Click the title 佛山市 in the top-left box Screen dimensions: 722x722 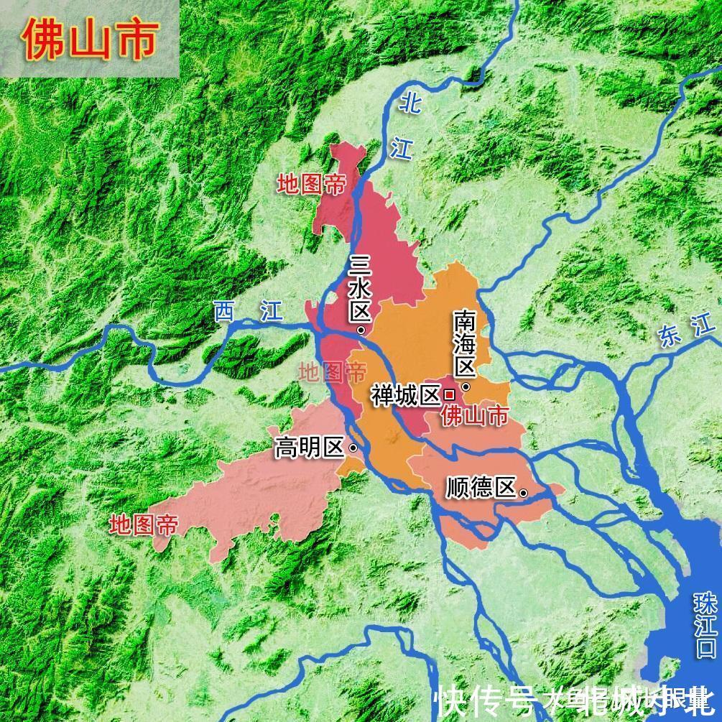89,40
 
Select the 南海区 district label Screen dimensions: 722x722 465,343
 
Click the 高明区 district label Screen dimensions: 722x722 310,448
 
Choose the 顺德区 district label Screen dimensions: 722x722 481,489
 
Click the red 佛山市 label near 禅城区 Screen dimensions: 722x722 474,416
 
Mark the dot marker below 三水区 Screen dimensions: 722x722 361,330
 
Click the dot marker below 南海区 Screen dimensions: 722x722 466,387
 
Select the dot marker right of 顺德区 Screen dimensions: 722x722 524,492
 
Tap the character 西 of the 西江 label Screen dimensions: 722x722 225,311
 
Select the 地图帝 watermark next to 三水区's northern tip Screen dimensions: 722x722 311,185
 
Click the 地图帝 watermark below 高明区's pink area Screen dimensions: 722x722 143,525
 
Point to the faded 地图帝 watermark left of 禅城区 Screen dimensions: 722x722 332,372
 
